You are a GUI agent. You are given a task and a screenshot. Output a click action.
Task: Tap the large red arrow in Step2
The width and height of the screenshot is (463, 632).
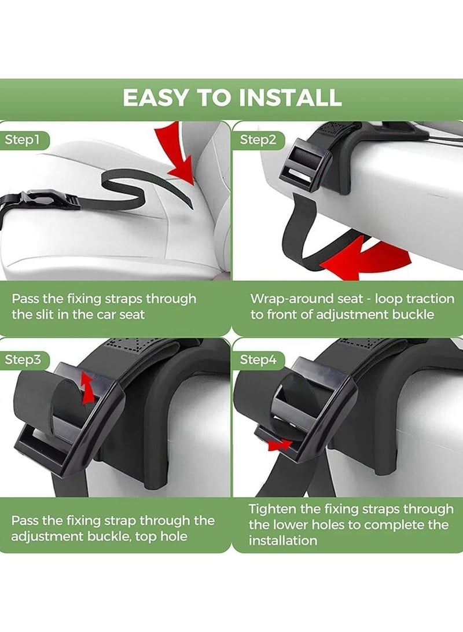[x=353, y=255]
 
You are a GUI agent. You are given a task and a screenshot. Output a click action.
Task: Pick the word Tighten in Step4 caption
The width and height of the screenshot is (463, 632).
[x=274, y=509]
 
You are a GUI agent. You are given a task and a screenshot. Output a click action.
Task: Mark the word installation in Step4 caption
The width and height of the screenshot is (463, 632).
[x=283, y=541]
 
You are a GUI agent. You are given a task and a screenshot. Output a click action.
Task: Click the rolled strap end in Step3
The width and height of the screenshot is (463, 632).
[x=43, y=399]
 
